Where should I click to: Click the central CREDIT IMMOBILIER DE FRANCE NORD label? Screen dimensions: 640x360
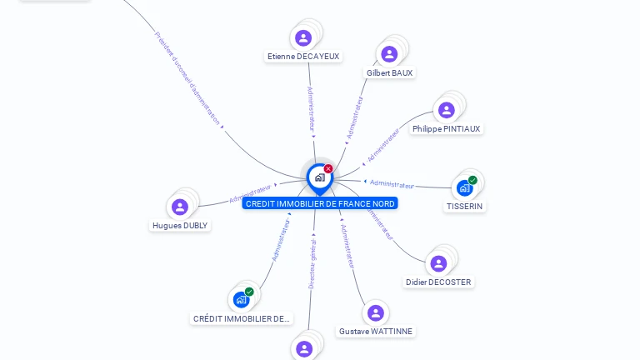320,203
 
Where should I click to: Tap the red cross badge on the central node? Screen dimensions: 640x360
328,169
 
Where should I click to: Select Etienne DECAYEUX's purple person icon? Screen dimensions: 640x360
303,37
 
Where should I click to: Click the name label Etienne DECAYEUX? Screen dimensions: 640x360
303,57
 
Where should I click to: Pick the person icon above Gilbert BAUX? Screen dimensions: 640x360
389,54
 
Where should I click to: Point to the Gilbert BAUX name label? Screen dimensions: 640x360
389,73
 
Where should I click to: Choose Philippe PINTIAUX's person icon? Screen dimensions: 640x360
447,110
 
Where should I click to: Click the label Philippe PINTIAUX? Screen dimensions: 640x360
447,129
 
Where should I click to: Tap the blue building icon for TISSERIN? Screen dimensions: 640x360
464,187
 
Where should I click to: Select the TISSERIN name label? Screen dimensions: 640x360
464,206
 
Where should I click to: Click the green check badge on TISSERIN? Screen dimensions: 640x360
472,180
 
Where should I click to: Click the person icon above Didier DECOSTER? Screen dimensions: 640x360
438,263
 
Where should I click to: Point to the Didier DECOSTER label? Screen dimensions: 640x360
438,282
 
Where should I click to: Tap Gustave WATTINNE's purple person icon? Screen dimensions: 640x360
376,312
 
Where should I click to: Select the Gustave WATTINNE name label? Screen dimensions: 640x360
376,332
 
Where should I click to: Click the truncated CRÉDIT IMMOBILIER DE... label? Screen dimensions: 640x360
242,318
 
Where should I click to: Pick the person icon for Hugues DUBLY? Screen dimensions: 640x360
180,207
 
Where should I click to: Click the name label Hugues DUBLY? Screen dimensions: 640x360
180,226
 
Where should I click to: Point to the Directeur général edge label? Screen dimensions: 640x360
312,263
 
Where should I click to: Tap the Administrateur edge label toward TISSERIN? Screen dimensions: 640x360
392,184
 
